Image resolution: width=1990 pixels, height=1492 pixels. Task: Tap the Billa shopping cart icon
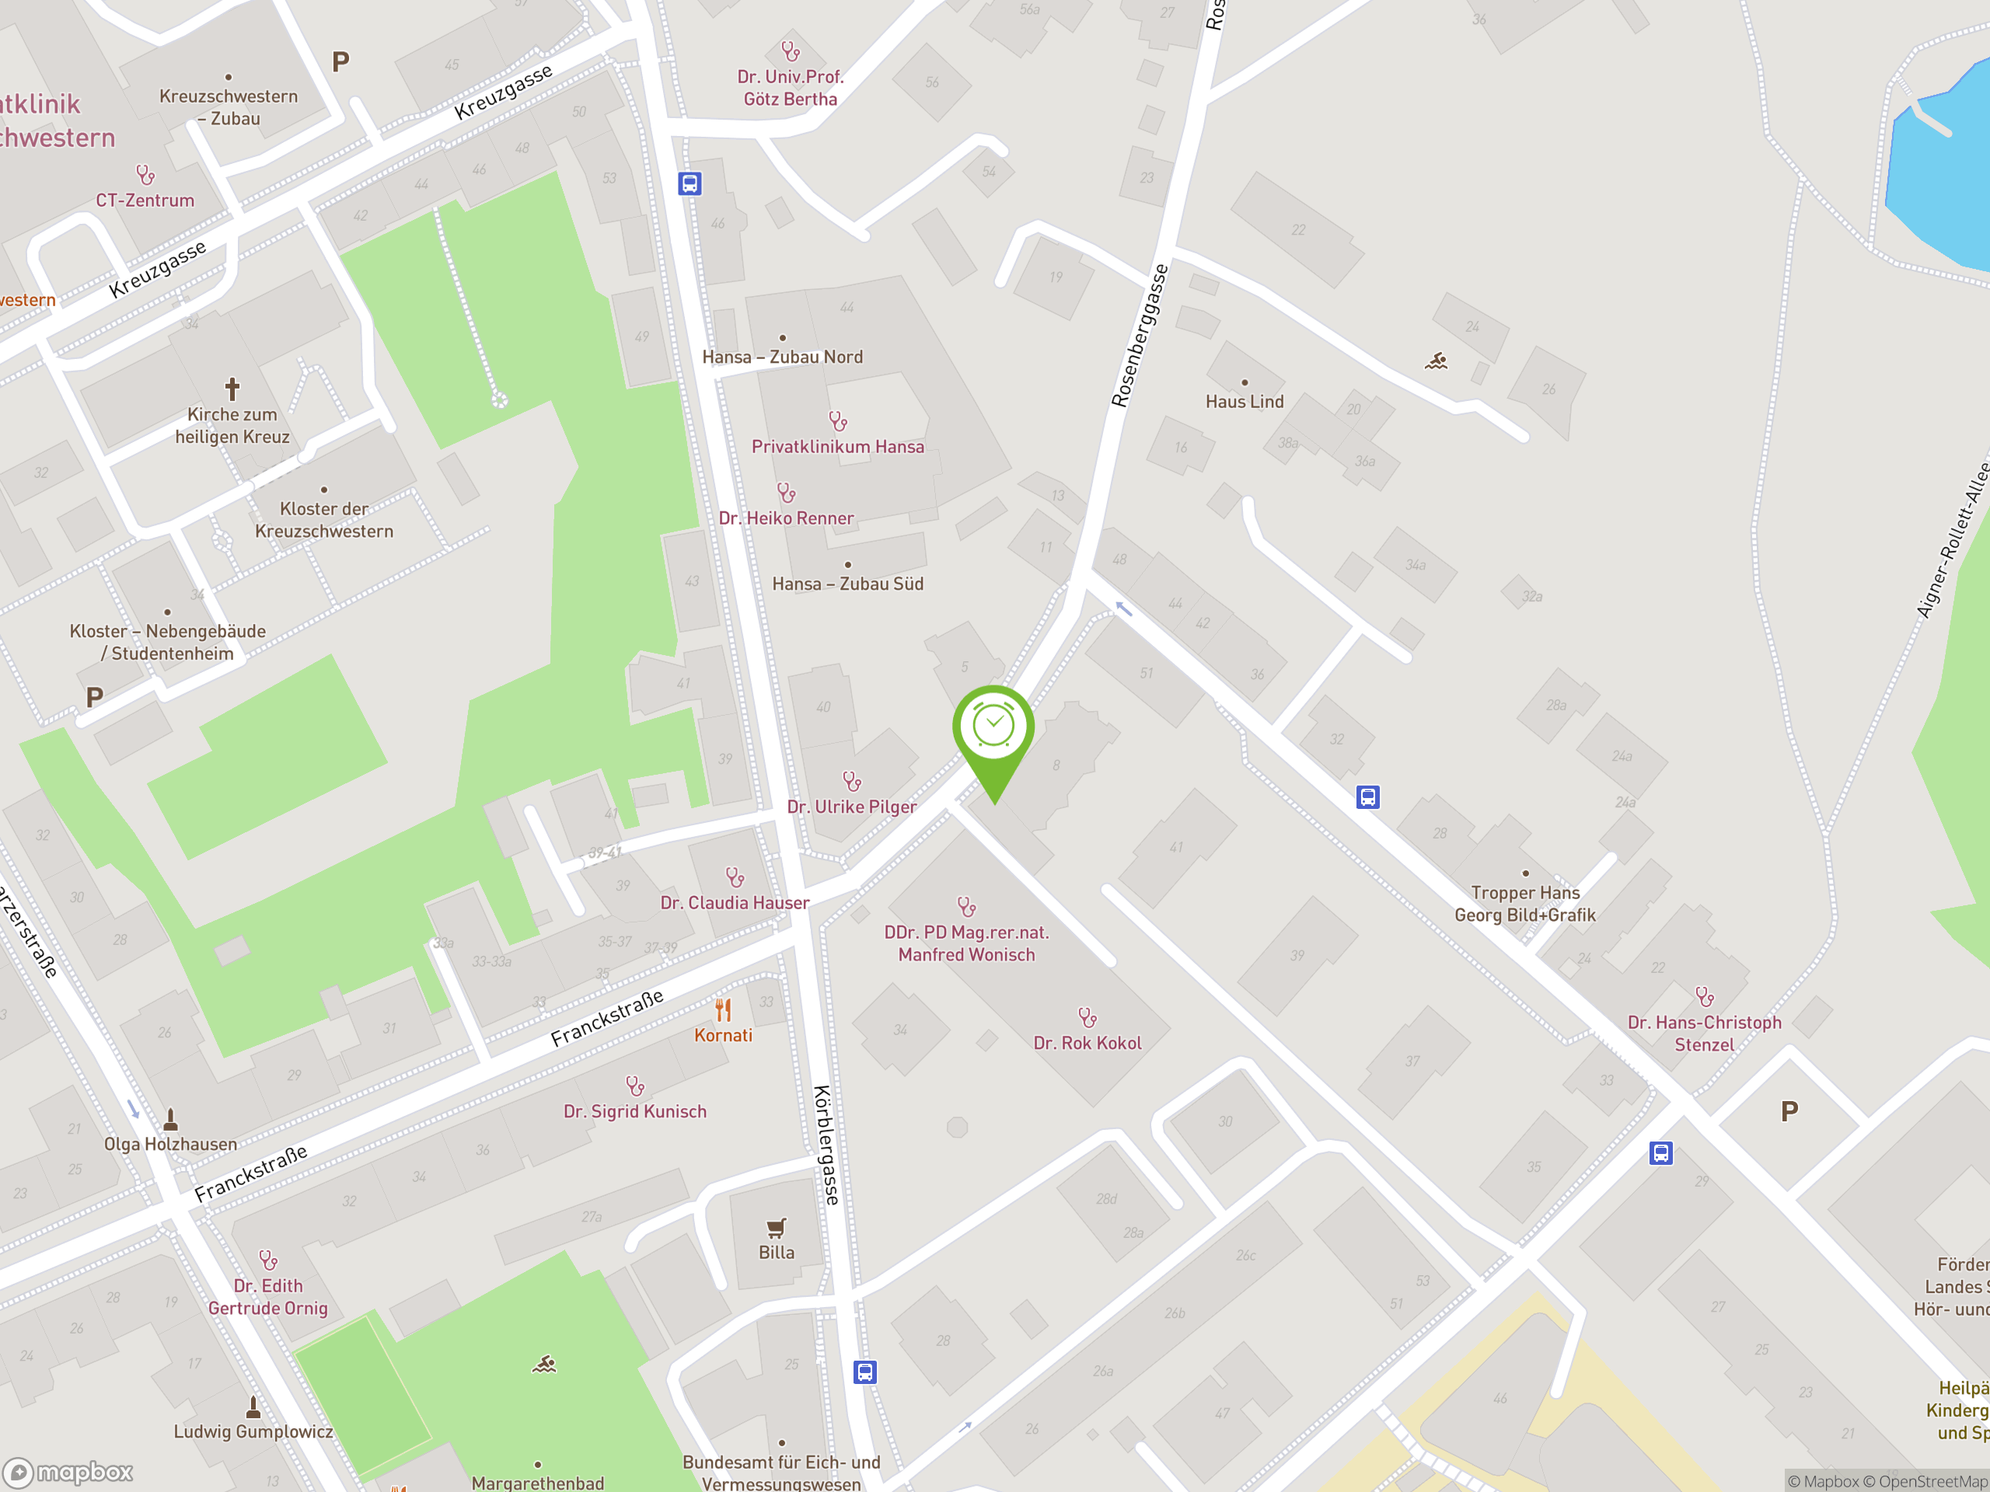click(x=776, y=1228)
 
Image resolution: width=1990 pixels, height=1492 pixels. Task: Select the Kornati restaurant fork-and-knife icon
click(x=723, y=1010)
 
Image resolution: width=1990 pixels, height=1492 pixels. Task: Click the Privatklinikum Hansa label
click(x=837, y=447)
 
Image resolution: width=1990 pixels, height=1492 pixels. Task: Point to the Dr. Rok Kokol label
click(x=1087, y=1043)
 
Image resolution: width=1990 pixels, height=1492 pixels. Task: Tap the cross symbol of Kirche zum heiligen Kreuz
click(x=232, y=389)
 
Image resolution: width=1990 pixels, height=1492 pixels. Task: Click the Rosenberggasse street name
click(x=1139, y=336)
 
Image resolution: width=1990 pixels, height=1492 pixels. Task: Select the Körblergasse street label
click(x=826, y=1144)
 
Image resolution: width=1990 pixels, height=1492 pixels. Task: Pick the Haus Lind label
click(x=1245, y=402)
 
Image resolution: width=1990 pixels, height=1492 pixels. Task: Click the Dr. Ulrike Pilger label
click(x=851, y=807)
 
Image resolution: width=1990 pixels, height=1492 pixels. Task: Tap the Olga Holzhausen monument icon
click(x=170, y=1120)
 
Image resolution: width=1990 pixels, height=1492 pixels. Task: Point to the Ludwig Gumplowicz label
click(x=253, y=1431)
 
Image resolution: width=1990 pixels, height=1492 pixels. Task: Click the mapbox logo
click(x=68, y=1473)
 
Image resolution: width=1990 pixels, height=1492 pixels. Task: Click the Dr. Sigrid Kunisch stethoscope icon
click(x=634, y=1086)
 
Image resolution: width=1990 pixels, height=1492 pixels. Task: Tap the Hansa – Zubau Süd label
click(x=847, y=584)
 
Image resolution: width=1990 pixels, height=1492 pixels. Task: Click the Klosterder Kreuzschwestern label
click(x=324, y=520)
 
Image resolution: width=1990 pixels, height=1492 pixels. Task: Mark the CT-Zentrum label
click(x=145, y=200)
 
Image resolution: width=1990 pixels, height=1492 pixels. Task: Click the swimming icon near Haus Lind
click(x=1436, y=361)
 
